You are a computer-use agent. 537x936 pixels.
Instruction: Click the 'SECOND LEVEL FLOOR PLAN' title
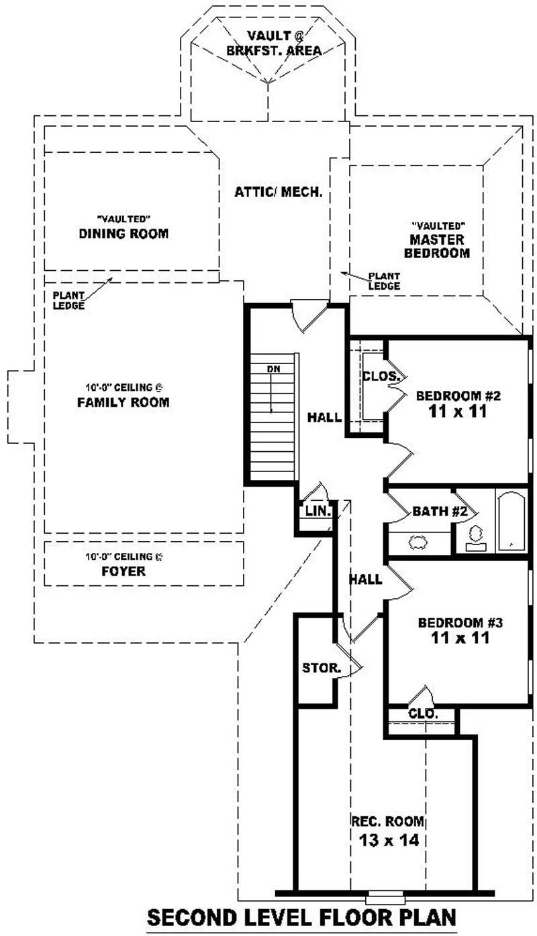click(301, 917)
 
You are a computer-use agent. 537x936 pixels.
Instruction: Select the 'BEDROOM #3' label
click(460, 622)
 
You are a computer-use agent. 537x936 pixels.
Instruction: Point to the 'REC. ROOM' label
click(388, 821)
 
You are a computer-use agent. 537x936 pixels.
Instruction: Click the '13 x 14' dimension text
click(388, 839)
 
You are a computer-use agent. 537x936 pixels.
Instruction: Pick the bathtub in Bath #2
click(511, 522)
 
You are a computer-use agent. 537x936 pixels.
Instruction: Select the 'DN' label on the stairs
click(273, 369)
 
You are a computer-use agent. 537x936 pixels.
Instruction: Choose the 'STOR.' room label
click(321, 668)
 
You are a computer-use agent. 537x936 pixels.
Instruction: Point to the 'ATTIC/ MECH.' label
click(279, 192)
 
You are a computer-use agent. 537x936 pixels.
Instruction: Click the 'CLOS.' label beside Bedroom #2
click(381, 376)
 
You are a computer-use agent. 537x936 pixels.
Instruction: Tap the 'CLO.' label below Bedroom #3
click(423, 715)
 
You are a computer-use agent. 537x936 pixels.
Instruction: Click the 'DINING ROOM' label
click(124, 233)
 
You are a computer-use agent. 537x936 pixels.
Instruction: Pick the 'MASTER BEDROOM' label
click(439, 246)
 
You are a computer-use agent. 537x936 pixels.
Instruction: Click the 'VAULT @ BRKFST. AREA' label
click(274, 42)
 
